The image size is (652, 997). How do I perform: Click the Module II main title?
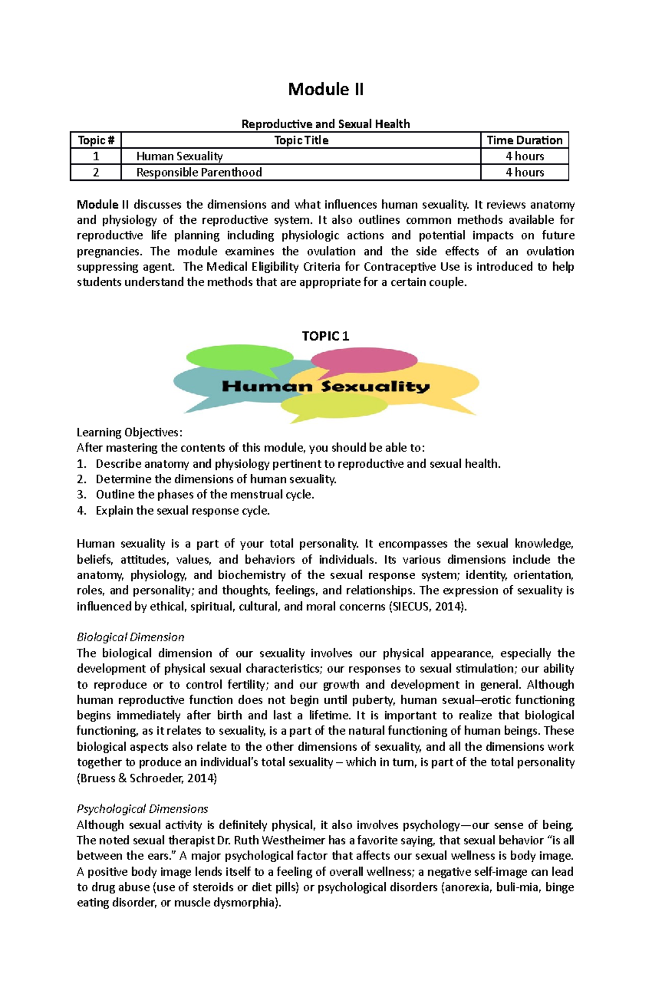point(325,89)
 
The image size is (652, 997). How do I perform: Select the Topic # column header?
point(96,140)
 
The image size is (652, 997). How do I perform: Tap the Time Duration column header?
point(524,140)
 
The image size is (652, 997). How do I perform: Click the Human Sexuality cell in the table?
point(179,156)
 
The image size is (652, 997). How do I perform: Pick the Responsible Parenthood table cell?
point(199,172)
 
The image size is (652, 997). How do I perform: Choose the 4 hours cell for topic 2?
point(524,172)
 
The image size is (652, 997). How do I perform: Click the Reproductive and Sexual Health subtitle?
point(325,124)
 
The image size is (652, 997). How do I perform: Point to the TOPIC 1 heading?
point(325,336)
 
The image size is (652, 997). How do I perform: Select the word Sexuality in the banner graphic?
point(375,387)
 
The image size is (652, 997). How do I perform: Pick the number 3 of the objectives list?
point(81,495)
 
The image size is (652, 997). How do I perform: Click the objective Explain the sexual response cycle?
point(183,511)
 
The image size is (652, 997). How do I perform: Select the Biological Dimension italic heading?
point(130,637)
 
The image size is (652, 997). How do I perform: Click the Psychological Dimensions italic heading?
point(142,809)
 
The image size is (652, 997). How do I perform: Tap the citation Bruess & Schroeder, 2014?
point(147,778)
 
